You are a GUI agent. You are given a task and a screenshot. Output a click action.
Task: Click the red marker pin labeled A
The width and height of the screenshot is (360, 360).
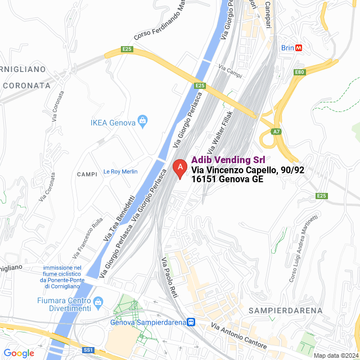[179, 168]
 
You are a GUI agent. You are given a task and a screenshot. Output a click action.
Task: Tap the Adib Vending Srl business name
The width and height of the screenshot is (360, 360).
[228, 160]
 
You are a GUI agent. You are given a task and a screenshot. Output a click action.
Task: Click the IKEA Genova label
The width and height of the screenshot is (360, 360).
[113, 123]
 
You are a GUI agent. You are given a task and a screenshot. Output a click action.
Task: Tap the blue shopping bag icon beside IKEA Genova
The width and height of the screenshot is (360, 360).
[143, 120]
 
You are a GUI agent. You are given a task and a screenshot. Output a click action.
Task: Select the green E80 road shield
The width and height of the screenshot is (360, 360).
[299, 72]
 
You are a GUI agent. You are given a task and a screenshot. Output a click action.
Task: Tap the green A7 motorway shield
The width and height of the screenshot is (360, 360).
[276, 132]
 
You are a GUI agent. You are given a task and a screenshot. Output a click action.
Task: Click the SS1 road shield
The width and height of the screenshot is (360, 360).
[88, 350]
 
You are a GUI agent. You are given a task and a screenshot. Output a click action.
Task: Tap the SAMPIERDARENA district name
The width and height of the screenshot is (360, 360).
[287, 310]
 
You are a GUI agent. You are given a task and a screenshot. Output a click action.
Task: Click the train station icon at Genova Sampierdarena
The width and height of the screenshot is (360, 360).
[191, 323]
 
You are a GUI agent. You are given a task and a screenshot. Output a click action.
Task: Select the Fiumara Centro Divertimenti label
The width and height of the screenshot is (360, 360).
[64, 304]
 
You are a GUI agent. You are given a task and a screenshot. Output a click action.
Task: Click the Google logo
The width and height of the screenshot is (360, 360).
[19, 353]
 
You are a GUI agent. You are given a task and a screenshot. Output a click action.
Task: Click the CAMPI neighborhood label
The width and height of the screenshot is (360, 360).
[88, 174]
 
